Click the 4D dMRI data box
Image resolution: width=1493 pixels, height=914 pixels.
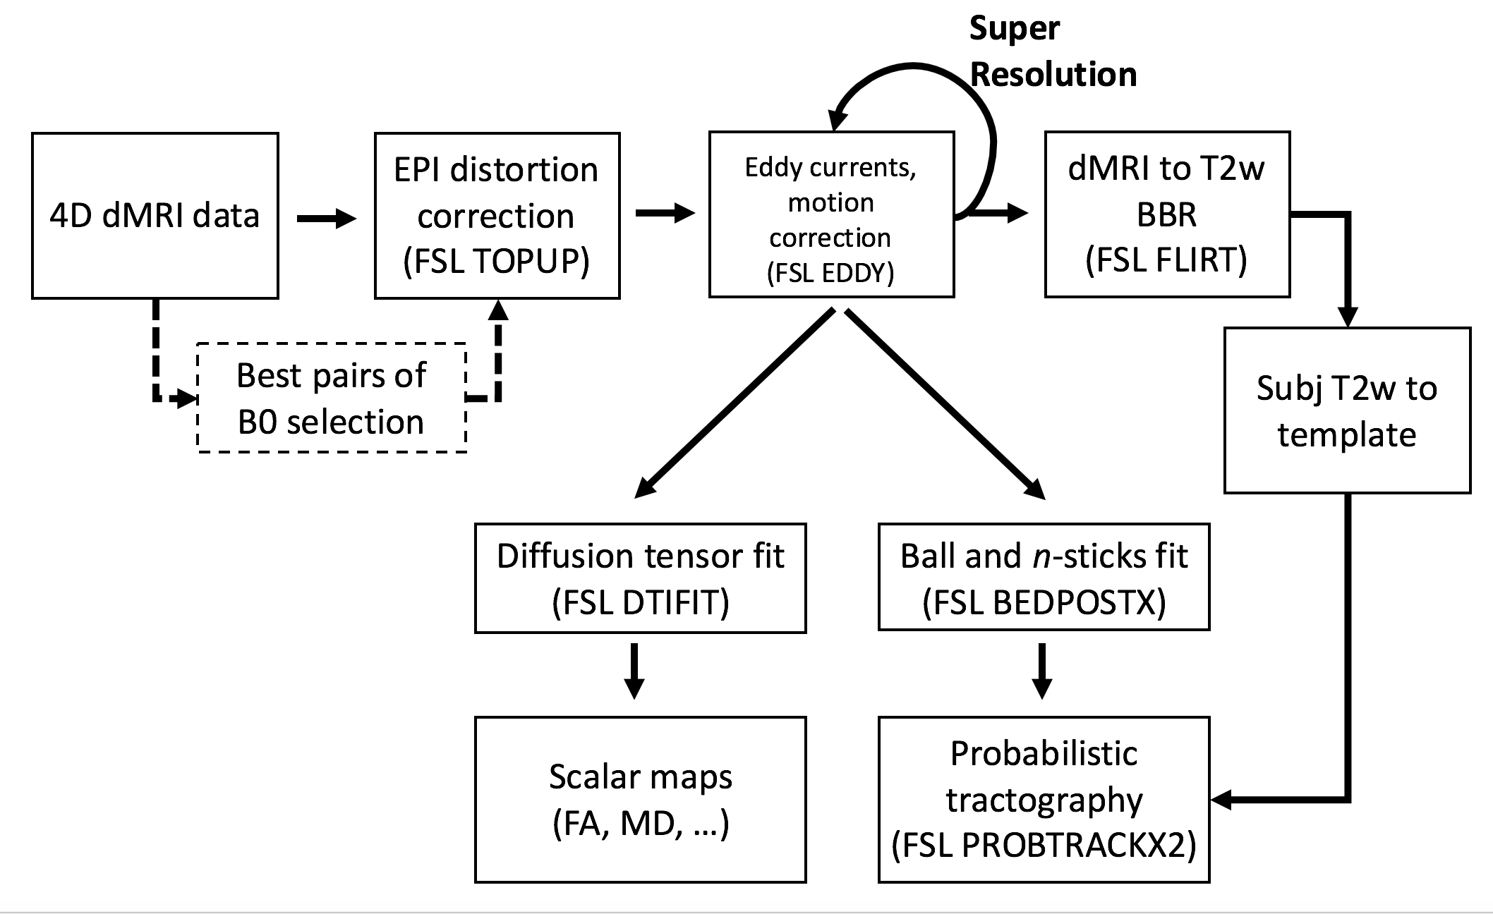coord(155,215)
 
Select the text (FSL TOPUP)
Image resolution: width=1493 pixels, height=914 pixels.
coord(496,262)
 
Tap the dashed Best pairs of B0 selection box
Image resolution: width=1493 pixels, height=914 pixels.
coord(332,398)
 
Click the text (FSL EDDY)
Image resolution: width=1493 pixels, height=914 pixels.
coord(830,273)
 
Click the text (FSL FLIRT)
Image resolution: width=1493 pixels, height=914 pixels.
coord(1166,260)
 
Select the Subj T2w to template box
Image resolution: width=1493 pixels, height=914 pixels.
coord(1347,410)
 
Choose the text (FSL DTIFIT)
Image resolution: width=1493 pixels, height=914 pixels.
coord(640,602)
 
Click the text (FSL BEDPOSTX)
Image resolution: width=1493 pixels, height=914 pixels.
coord(1044,602)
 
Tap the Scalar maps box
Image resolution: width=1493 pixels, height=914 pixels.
coord(640,800)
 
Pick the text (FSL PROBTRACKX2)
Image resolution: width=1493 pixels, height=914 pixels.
coord(1044,846)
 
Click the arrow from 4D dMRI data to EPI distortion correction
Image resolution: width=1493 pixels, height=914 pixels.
coord(326,219)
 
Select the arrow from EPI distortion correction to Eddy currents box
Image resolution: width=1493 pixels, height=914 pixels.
coord(665,213)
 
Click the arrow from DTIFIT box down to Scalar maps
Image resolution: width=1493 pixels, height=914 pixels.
coord(634,670)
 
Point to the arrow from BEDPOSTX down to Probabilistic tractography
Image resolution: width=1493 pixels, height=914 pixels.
coord(1042,670)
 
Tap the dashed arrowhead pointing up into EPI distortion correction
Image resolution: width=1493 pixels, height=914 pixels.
coord(498,310)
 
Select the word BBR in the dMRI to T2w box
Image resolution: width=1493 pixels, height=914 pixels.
coord(1166,214)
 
